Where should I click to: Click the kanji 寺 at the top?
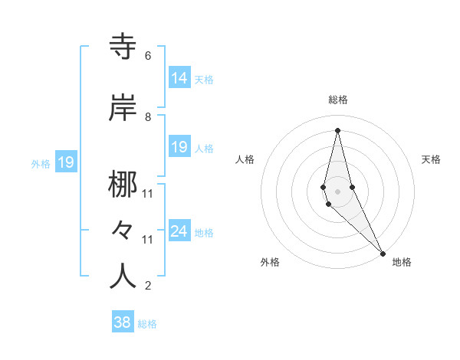point(123,47)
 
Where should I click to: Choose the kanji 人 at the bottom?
point(123,275)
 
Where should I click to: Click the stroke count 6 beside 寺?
point(148,56)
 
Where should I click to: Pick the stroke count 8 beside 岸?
point(148,116)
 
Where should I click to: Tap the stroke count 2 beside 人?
point(148,286)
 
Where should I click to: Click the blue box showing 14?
point(179,78)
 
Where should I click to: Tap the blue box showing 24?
point(179,231)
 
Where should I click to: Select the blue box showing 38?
point(123,322)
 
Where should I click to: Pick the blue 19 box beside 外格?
point(65,162)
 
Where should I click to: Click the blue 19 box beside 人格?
point(179,147)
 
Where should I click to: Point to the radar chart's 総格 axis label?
point(338,100)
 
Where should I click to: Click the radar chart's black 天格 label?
point(431,159)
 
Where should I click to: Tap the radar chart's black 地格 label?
point(402,262)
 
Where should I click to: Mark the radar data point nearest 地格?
point(383,252)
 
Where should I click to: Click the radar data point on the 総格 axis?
point(338,130)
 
